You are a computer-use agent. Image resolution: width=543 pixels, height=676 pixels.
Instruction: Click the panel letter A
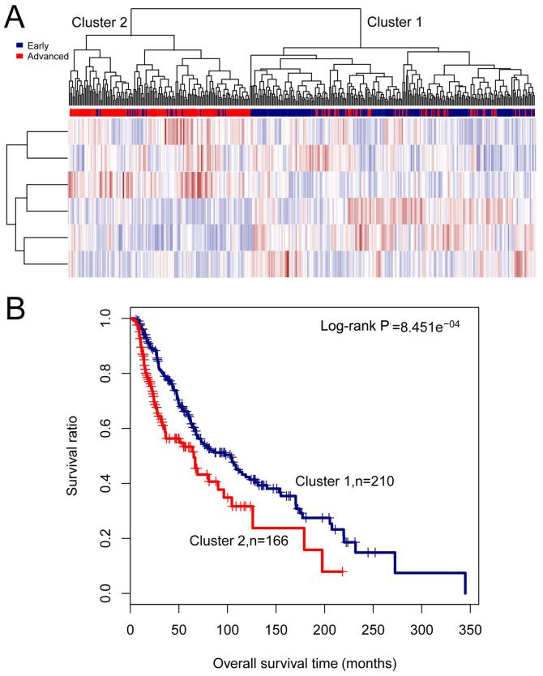(x=15, y=16)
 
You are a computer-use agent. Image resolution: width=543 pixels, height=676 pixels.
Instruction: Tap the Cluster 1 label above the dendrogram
(x=395, y=22)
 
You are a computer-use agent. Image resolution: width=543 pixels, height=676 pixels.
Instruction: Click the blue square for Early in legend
(x=19, y=46)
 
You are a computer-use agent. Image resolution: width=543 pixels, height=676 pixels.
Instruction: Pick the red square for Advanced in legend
(x=19, y=56)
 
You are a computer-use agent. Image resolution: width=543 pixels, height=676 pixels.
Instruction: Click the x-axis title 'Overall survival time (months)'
(x=305, y=663)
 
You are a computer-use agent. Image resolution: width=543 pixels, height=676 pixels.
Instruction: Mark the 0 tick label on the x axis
(x=130, y=629)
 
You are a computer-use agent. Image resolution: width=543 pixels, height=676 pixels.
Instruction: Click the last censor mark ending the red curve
(x=344, y=571)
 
